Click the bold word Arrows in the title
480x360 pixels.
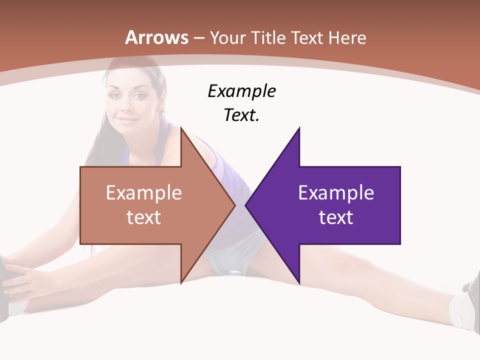pos(157,37)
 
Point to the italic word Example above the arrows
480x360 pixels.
pos(241,91)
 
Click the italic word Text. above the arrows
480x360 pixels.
pos(241,115)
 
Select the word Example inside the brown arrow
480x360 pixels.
pos(143,192)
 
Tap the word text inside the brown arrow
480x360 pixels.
pos(143,217)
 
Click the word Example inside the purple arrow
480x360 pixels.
pos(336,192)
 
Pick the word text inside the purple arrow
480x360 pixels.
pos(336,217)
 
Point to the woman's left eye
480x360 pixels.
pos(140,94)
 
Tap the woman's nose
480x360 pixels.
pos(127,107)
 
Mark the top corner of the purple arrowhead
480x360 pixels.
pos(299,128)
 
